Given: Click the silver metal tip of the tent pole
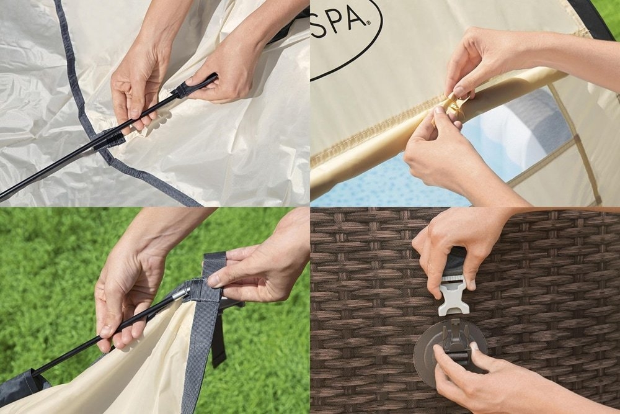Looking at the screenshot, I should pos(180,292).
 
